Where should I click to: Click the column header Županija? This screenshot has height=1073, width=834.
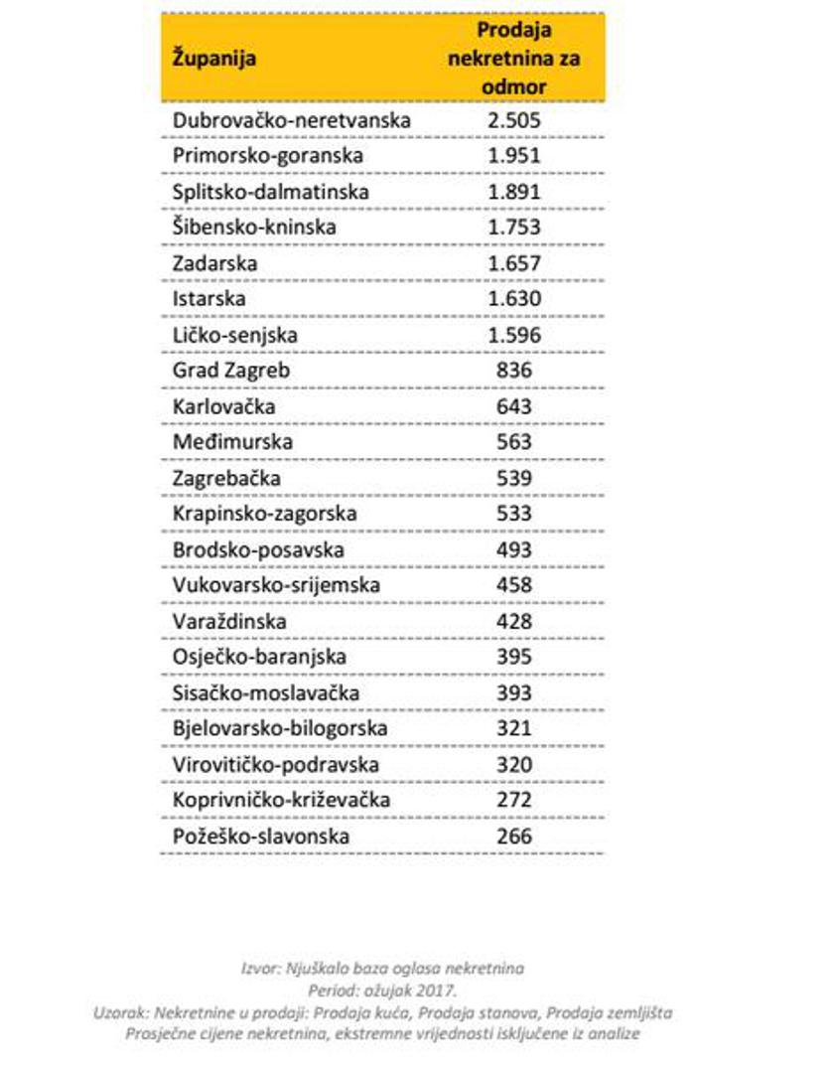pos(214,59)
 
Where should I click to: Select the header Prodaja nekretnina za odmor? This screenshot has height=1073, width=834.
pos(513,58)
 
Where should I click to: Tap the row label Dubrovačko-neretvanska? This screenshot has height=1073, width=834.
pos(292,120)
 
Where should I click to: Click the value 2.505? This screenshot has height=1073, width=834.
pos(513,120)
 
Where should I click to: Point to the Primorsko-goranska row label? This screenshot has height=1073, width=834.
pos(268,156)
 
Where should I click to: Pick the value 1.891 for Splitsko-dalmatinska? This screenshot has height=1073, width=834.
pos(513,192)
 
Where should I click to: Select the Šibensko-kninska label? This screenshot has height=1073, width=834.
pos(254,228)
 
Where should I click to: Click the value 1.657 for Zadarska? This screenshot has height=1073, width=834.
pos(513,263)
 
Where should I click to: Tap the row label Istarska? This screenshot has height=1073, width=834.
pos(209,299)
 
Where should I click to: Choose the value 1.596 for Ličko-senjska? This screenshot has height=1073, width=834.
pos(513,335)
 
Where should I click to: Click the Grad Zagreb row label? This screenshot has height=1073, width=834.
pos(231,371)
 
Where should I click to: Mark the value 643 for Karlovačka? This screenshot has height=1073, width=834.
pos(513,406)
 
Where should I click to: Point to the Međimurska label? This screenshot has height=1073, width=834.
pos(232,442)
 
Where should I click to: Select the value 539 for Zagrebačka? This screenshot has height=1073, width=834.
pos(513,478)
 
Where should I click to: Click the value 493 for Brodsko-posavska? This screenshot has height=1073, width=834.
pos(513,549)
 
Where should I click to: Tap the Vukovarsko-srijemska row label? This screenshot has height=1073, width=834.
pos(276,585)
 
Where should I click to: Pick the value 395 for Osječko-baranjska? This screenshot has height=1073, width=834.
pos(513,657)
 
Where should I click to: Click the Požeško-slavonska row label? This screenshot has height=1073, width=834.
pos(261,837)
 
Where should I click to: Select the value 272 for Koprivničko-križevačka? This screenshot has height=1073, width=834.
pos(513,800)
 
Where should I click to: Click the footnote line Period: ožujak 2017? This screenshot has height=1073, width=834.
pos(382,991)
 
